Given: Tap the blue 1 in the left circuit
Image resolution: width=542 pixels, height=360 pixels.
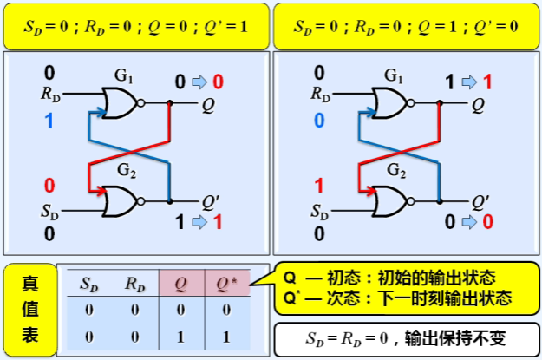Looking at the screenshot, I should pos(49,121).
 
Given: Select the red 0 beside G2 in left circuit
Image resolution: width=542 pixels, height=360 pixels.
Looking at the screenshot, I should pos(49,185).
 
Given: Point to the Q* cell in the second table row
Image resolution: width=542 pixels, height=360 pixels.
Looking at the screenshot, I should pos(228,336).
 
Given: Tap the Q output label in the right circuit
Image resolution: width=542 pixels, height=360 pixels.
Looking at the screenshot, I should pos(479,105).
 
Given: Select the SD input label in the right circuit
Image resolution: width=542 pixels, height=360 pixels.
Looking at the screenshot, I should pos(320,212).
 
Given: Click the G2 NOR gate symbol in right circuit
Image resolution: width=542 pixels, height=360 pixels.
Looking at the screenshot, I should pos(389,202).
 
